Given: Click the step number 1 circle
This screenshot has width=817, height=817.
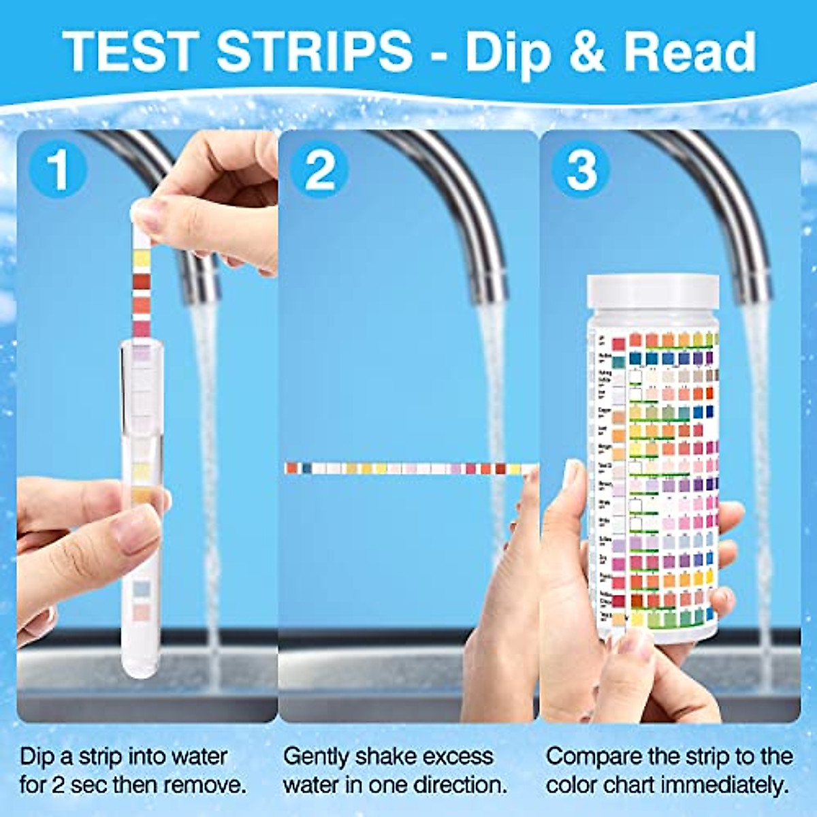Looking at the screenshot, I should point(59,170).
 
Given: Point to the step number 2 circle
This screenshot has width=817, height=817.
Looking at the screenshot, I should point(319,170).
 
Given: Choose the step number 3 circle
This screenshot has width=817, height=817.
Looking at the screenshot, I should point(580,170).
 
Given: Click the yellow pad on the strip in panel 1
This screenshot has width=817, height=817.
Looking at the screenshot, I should point(142,257).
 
